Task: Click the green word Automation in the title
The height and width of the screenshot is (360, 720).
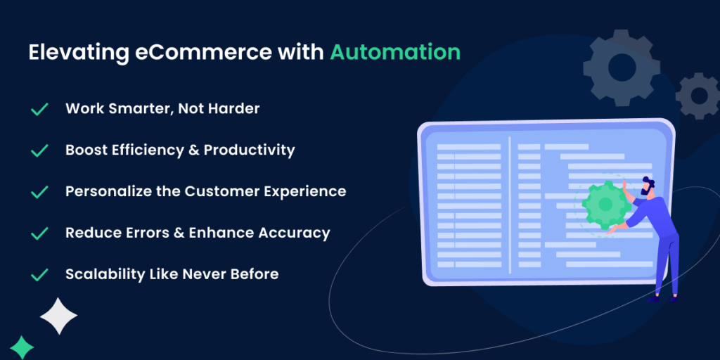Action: tap(395, 52)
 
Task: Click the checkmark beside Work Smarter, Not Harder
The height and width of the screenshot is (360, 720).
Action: tap(39, 109)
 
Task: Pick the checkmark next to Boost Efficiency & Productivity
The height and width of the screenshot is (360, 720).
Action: tap(39, 150)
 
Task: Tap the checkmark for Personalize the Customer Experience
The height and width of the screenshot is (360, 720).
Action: tap(39, 192)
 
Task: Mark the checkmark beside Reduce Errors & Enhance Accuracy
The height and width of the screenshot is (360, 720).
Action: tap(39, 233)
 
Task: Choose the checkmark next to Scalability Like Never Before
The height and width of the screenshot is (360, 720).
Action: tap(39, 275)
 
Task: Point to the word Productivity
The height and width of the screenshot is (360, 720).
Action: tap(250, 150)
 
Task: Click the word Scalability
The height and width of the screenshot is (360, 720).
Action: tap(105, 274)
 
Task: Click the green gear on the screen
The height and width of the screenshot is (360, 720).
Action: tap(606, 205)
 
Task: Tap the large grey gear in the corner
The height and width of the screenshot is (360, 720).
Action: tap(622, 67)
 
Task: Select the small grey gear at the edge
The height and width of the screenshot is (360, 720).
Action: tap(698, 96)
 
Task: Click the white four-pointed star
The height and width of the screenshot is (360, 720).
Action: tap(59, 316)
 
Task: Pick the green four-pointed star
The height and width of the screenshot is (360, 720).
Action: tap(22, 347)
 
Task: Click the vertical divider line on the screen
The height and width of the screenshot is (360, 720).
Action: tap(510, 205)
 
